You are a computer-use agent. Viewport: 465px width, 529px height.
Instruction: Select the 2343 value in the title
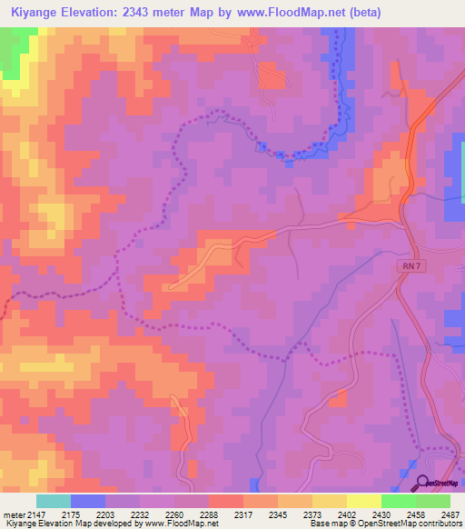pos(145,13)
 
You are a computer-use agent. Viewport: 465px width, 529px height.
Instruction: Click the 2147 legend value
pos(37,515)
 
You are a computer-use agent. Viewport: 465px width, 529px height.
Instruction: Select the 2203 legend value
pos(105,515)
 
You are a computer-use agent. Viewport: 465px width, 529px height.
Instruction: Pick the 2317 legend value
pos(243,515)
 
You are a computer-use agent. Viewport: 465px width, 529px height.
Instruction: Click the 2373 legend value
pos(312,515)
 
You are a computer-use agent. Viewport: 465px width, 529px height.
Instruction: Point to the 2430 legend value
pos(381,515)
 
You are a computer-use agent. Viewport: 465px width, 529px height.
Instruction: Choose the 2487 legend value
pos(449,515)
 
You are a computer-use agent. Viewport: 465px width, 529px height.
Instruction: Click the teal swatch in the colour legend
pos(54,501)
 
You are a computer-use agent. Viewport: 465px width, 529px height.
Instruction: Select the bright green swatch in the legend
pos(398,501)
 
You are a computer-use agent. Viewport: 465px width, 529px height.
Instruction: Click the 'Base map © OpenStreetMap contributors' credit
pos(385,524)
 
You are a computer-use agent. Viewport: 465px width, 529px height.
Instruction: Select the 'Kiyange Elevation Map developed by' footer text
pos(64,524)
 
